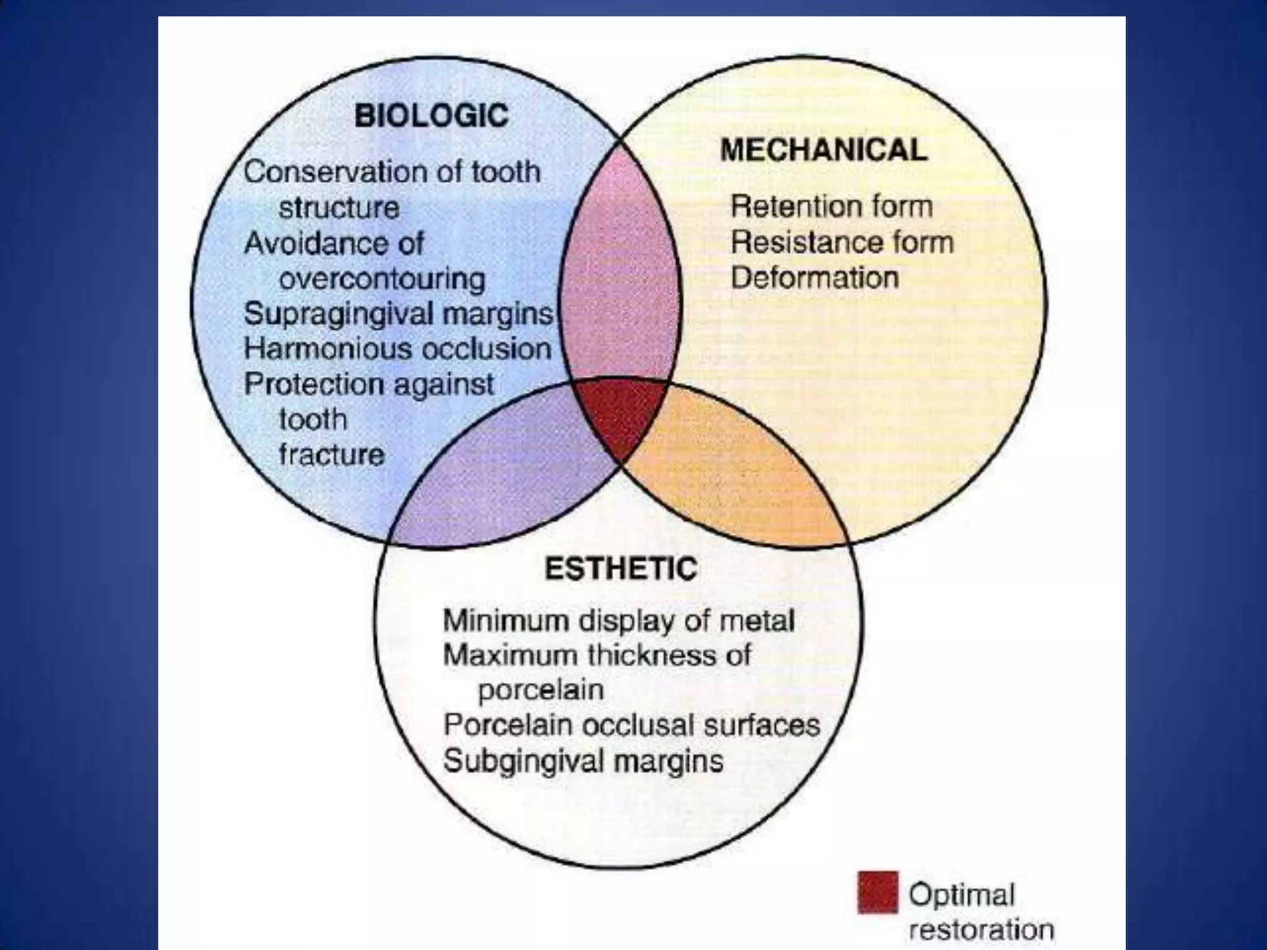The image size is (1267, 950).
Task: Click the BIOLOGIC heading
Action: click(x=431, y=116)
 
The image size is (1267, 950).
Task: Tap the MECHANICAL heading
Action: click(x=823, y=150)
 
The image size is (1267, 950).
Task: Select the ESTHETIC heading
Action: click(x=621, y=568)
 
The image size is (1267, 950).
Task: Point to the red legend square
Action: click(x=877, y=892)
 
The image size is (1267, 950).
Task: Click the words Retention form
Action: click(x=831, y=206)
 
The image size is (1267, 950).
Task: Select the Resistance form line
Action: click(x=842, y=242)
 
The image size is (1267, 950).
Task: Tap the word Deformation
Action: click(x=815, y=277)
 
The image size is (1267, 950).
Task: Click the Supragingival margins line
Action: click(x=398, y=314)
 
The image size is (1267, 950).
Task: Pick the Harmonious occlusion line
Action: click(x=397, y=349)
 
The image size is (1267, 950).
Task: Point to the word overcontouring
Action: click(x=382, y=279)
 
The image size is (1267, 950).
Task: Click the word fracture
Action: click(x=332, y=455)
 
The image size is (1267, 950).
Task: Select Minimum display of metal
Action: click(x=619, y=620)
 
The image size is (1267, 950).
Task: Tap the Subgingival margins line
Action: click(x=583, y=761)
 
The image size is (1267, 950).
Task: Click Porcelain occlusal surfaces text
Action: click(x=632, y=725)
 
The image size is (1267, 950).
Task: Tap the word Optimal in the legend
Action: click(x=961, y=894)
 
